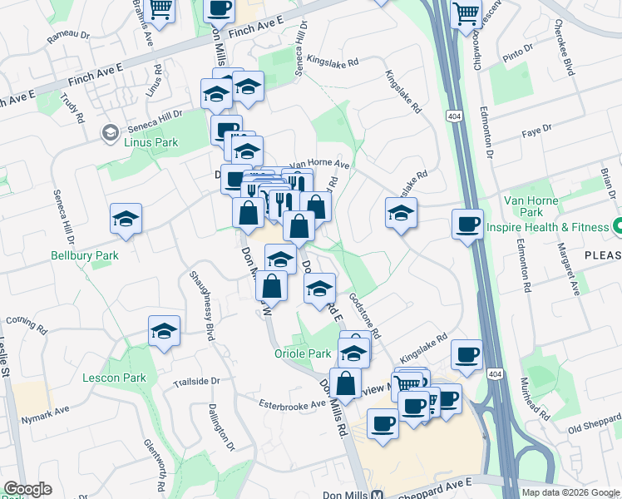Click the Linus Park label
[x=151, y=142]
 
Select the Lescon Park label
[x=114, y=378]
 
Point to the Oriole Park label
[x=303, y=353]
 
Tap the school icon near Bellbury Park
[x=126, y=219]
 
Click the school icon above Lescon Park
[x=165, y=332]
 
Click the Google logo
[x=27, y=489]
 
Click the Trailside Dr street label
[x=196, y=383]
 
